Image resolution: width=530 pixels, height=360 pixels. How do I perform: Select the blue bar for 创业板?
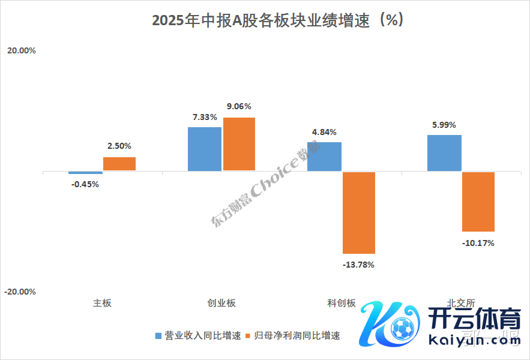click(205, 149)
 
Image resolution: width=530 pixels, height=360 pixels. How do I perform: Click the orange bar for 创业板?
click(239, 144)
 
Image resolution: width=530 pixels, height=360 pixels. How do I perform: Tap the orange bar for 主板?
click(119, 164)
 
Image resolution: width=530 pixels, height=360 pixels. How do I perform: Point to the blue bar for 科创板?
click(324, 157)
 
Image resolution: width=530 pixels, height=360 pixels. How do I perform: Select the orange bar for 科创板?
click(359, 212)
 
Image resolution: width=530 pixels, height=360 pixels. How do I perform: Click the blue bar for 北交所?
click(444, 153)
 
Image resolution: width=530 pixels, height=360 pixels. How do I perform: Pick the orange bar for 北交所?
click(478, 202)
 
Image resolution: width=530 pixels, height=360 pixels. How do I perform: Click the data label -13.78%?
click(358, 265)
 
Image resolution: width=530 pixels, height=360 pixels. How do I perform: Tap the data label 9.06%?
click(239, 107)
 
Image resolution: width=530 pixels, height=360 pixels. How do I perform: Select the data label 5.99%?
click(444, 125)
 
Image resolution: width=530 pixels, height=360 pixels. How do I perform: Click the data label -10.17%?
click(478, 243)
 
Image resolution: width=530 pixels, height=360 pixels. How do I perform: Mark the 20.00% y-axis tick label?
click(22, 51)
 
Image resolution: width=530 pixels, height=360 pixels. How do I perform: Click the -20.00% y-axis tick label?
click(20, 292)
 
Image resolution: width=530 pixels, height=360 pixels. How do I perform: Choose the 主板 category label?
click(102, 303)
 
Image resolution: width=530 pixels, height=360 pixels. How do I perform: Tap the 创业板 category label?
click(221, 303)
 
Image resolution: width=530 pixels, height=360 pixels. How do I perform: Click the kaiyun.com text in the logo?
click(475, 341)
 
